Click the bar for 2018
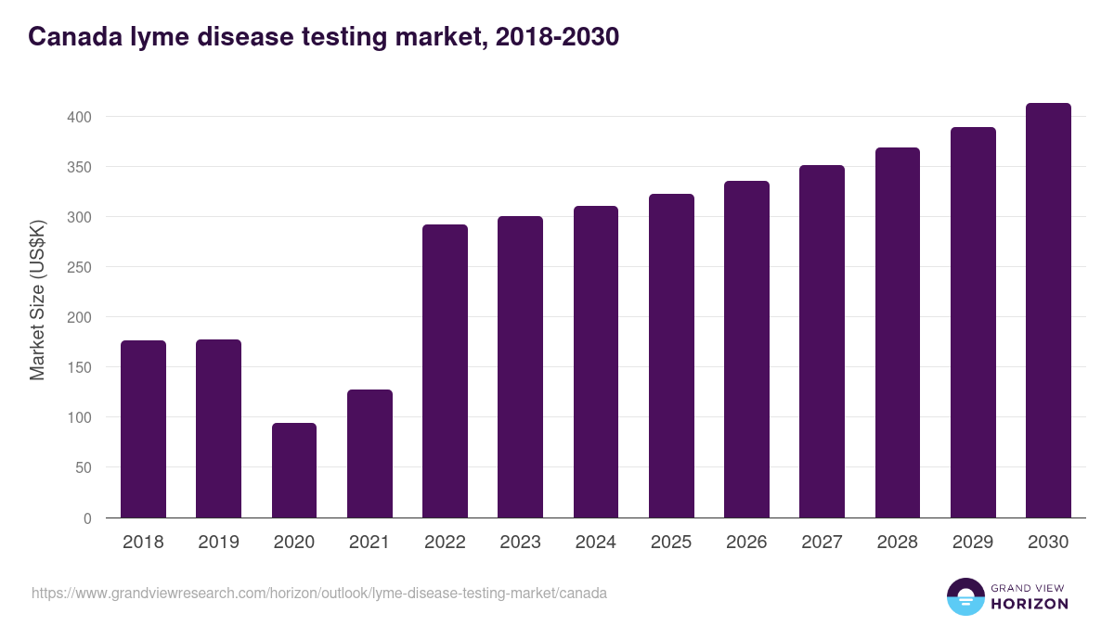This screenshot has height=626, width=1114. pos(143,428)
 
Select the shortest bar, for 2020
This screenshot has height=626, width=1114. pos(294,470)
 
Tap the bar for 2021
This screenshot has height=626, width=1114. pos(369,454)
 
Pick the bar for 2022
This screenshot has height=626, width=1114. pos(445,371)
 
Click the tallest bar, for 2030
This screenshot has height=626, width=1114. pos(1048,311)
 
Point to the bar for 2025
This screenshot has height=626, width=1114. pos(671,356)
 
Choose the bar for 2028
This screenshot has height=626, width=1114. pos(897,333)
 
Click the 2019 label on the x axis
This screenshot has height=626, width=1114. pos(219,543)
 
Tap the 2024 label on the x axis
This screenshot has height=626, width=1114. pos(595,543)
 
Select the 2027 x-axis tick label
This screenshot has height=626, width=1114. pos(822,543)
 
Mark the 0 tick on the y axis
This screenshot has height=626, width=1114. pos(87,518)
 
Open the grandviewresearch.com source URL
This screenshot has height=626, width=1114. pos(319,593)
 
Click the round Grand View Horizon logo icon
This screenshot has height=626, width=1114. pos(965,596)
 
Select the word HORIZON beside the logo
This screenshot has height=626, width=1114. pos(1030,604)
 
